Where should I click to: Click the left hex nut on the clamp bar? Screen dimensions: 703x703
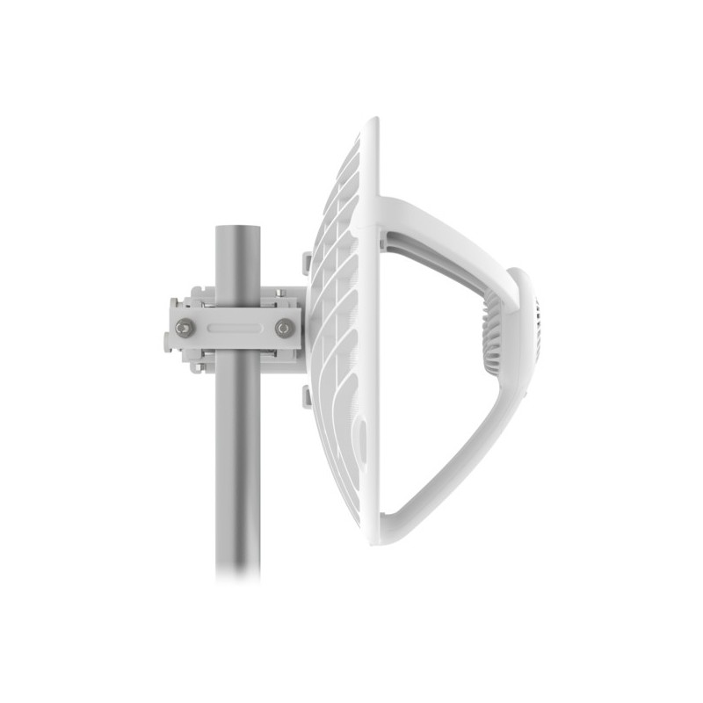click(x=185, y=329)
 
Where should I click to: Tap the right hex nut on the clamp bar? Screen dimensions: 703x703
click(x=285, y=329)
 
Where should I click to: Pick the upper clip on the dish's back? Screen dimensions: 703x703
click(x=306, y=263)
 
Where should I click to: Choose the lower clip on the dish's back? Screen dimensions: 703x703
click(x=306, y=396)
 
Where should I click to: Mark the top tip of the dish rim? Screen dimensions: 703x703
click(x=373, y=121)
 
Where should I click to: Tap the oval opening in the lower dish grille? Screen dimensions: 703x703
click(x=360, y=434)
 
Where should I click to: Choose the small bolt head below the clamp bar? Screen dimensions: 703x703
click(x=199, y=366)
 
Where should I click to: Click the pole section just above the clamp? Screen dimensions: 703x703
click(x=238, y=259)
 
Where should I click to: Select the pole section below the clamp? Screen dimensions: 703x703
click(x=238, y=457)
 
